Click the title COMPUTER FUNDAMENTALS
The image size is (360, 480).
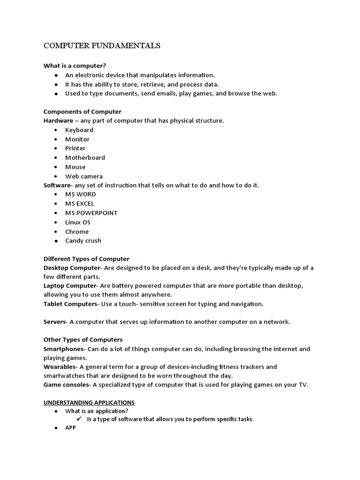pyautogui.click(x=102, y=46)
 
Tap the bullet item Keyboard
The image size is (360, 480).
pyautogui.click(x=79, y=130)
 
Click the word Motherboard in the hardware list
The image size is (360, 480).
pyautogui.click(x=85, y=157)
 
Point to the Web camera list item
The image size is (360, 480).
pyautogui.click(x=84, y=176)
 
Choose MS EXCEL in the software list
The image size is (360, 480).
pyautogui.click(x=80, y=203)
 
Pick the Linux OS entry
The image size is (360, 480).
pyautogui.click(x=78, y=222)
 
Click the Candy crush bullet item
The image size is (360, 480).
pyautogui.click(x=83, y=240)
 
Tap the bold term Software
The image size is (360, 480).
pyautogui.click(x=57, y=185)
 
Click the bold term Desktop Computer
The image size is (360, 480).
pyautogui.click(x=72, y=268)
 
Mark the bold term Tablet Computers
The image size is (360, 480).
pyautogui.click(x=70, y=304)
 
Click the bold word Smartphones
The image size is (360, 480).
pyautogui.click(x=63, y=349)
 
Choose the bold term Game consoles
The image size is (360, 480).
pyautogui.click(x=66, y=385)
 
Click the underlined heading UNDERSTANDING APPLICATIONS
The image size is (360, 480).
pyautogui.click(x=89, y=403)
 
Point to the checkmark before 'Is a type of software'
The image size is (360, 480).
pyautogui.click(x=80, y=419)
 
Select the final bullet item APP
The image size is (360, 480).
pyautogui.click(x=70, y=428)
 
